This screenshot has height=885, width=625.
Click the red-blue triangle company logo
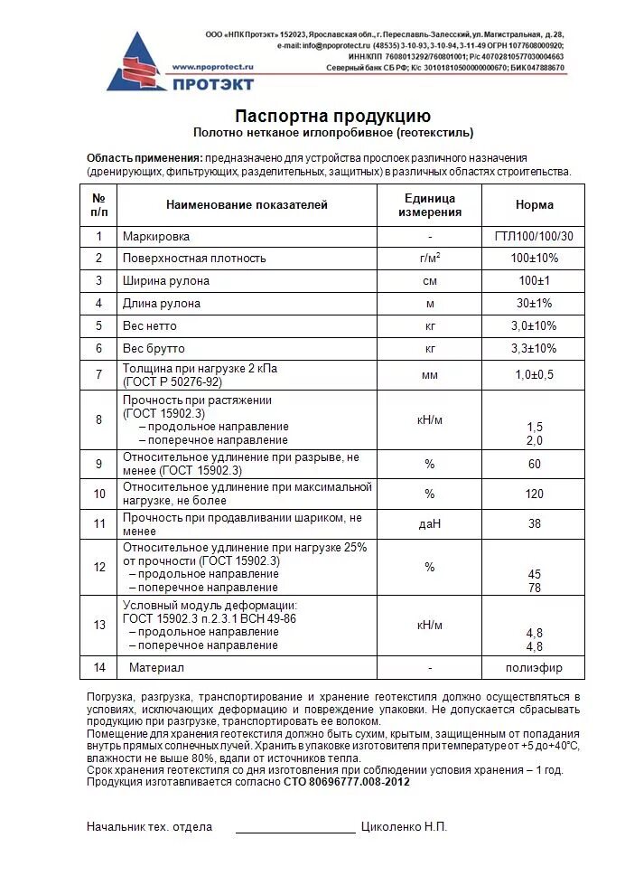[135, 62]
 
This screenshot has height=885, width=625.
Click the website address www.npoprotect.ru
[213, 67]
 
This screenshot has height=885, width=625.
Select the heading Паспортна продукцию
[332, 116]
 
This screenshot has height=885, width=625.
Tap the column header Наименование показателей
[247, 205]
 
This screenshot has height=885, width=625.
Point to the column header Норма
[534, 205]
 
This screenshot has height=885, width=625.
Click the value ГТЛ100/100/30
[534, 236]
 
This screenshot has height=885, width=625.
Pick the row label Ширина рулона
[166, 281]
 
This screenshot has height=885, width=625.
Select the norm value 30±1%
[534, 304]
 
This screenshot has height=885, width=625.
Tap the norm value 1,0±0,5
[534, 374]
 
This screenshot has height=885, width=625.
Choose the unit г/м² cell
[430, 259]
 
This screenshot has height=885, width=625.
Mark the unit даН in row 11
[430, 524]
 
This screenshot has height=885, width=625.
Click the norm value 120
[534, 494]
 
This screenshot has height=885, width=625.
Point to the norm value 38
[534, 524]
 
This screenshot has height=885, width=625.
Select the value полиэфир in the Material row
[534, 668]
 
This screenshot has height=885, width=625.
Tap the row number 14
[99, 668]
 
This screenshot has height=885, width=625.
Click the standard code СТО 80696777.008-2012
[346, 782]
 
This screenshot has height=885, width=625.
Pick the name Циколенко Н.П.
[404, 827]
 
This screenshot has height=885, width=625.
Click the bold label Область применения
[144, 157]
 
